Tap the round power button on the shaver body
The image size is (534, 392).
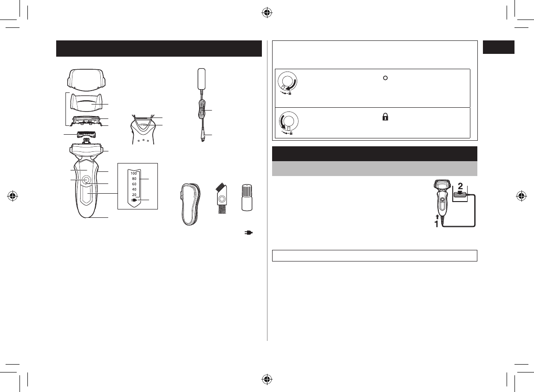[x=85, y=179]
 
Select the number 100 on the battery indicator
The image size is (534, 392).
[x=134, y=173]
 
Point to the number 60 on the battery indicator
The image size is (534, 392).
[x=134, y=184]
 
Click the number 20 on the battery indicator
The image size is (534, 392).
[x=134, y=195]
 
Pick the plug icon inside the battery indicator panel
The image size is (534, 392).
[x=134, y=200]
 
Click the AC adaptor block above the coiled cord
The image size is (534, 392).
[x=202, y=78]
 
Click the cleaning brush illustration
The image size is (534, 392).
[x=221, y=198]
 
